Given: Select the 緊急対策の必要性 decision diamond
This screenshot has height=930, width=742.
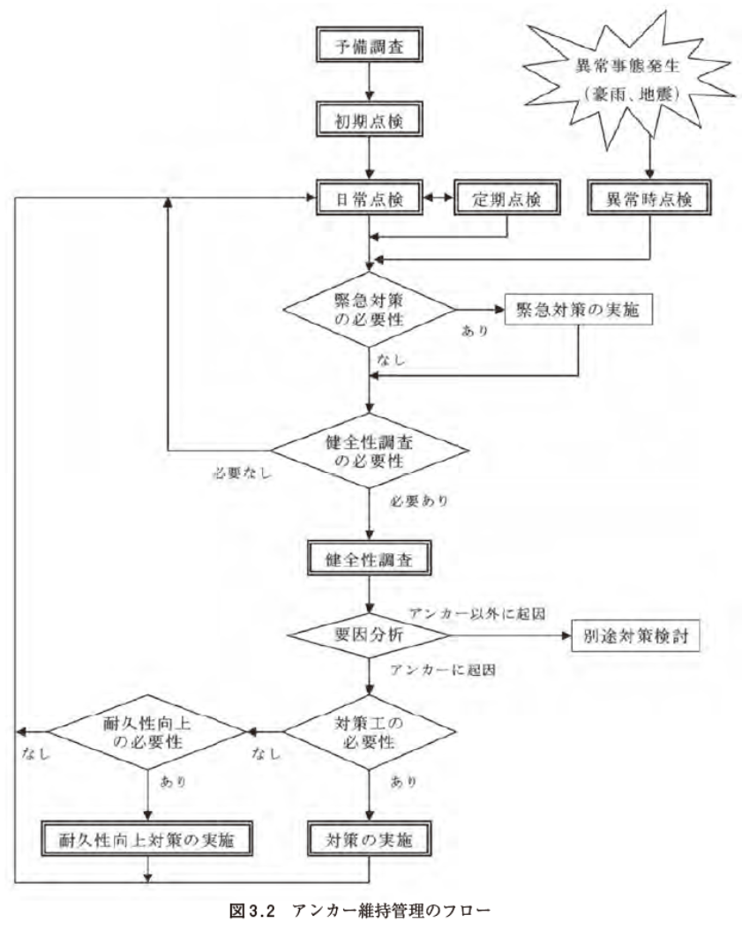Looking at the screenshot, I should (x=368, y=311).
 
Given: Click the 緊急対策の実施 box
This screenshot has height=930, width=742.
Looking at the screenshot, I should (x=578, y=311).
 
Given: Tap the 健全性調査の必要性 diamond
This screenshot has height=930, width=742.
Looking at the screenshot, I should (x=368, y=448).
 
